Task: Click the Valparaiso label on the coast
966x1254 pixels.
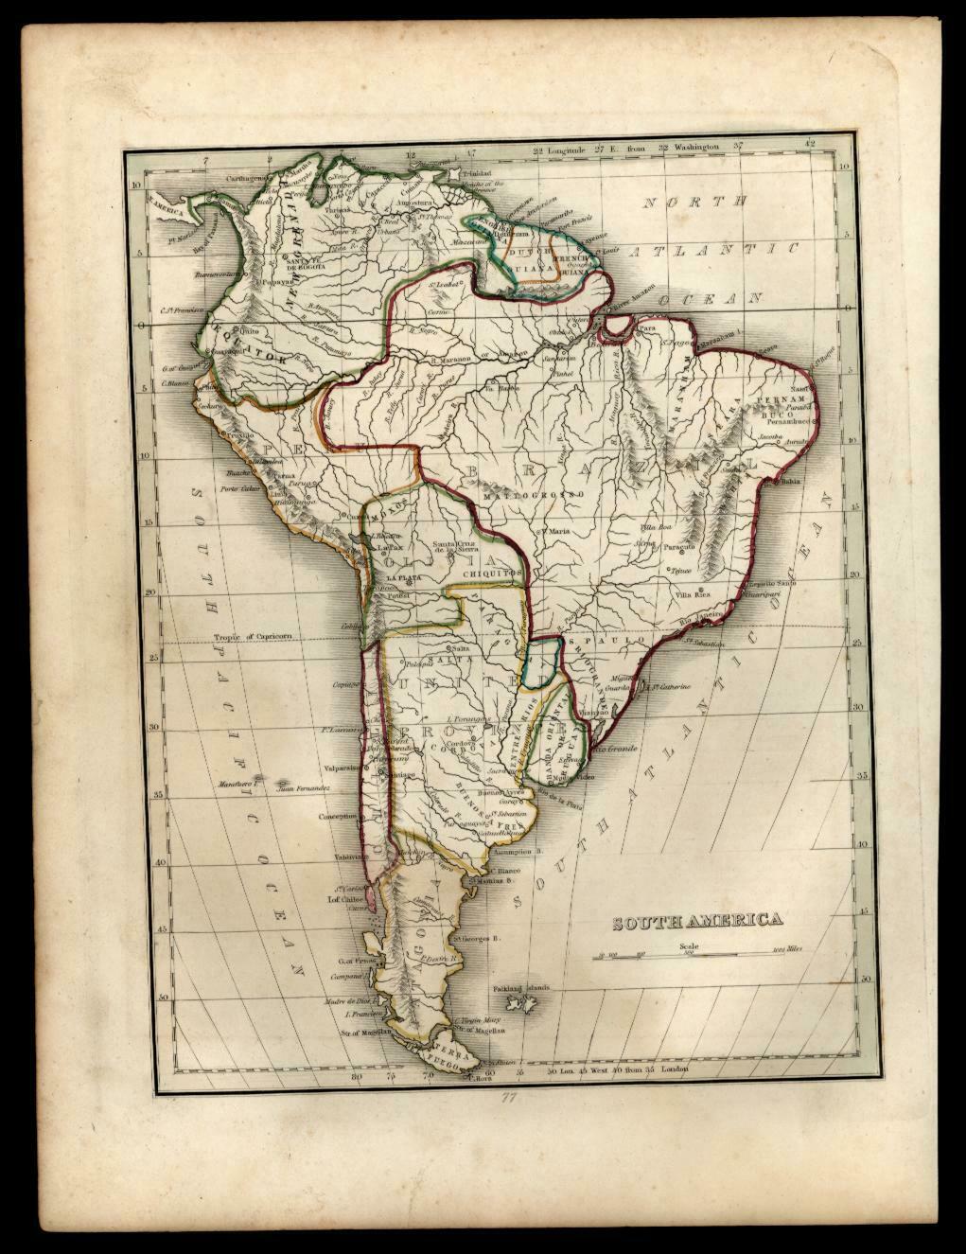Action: point(342,768)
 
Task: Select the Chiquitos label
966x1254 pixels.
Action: point(488,572)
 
